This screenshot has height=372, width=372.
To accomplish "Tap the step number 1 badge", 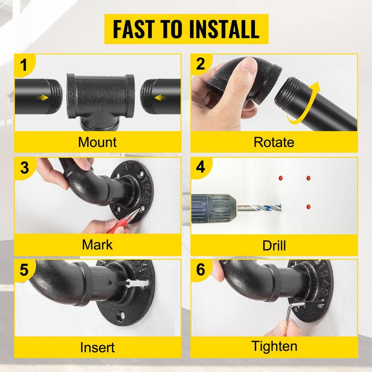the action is click(24, 65).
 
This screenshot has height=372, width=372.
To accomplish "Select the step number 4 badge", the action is click(201, 167).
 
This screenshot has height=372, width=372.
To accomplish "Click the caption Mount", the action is click(97, 142).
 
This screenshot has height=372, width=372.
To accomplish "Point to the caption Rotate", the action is click(274, 142).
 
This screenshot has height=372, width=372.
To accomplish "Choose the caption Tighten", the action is click(274, 346).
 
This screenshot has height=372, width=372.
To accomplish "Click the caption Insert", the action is click(97, 347).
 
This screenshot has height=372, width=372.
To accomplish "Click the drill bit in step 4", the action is click(259, 208).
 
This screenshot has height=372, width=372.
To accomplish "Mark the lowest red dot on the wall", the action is click(308, 206).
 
